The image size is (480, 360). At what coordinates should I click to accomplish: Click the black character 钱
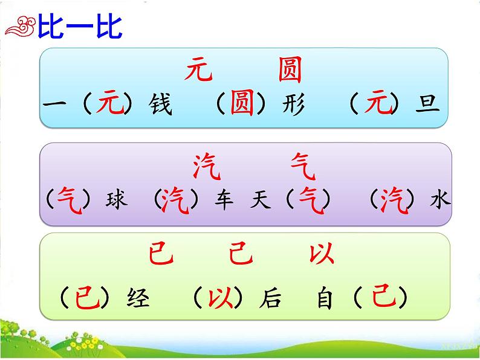160,105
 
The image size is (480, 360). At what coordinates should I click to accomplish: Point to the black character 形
293,105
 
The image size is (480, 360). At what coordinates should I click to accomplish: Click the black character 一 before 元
55,105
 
